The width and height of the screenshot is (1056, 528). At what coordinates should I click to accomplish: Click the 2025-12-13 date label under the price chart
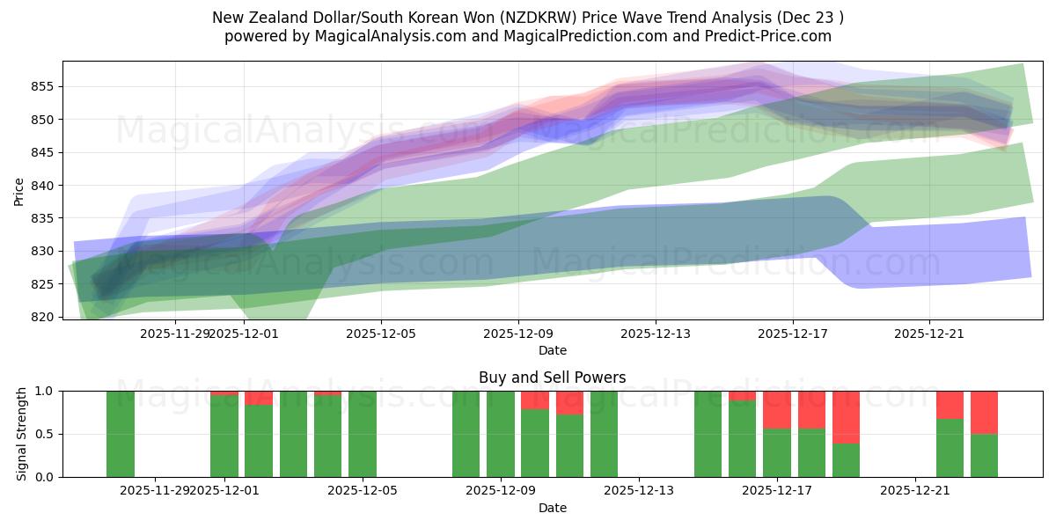[656, 334]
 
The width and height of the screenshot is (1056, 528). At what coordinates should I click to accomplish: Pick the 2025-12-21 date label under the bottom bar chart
[915, 491]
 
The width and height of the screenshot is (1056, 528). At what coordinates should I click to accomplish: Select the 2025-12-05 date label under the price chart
[381, 334]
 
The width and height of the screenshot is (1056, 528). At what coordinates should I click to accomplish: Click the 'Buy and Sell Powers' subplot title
[552, 378]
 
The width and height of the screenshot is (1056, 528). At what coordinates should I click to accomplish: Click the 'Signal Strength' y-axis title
[22, 434]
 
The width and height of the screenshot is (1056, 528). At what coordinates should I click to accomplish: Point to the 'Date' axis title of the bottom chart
[552, 508]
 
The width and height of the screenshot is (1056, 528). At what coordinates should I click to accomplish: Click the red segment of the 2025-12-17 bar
[777, 409]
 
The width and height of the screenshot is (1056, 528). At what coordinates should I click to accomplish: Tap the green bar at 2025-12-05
[363, 434]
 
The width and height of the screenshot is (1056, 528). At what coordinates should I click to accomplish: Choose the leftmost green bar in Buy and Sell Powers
[121, 434]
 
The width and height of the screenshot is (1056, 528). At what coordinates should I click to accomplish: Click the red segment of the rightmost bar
[984, 412]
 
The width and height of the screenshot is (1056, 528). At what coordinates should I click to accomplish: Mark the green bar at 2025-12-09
[501, 434]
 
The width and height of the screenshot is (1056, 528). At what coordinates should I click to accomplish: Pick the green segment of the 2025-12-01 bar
[224, 436]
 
